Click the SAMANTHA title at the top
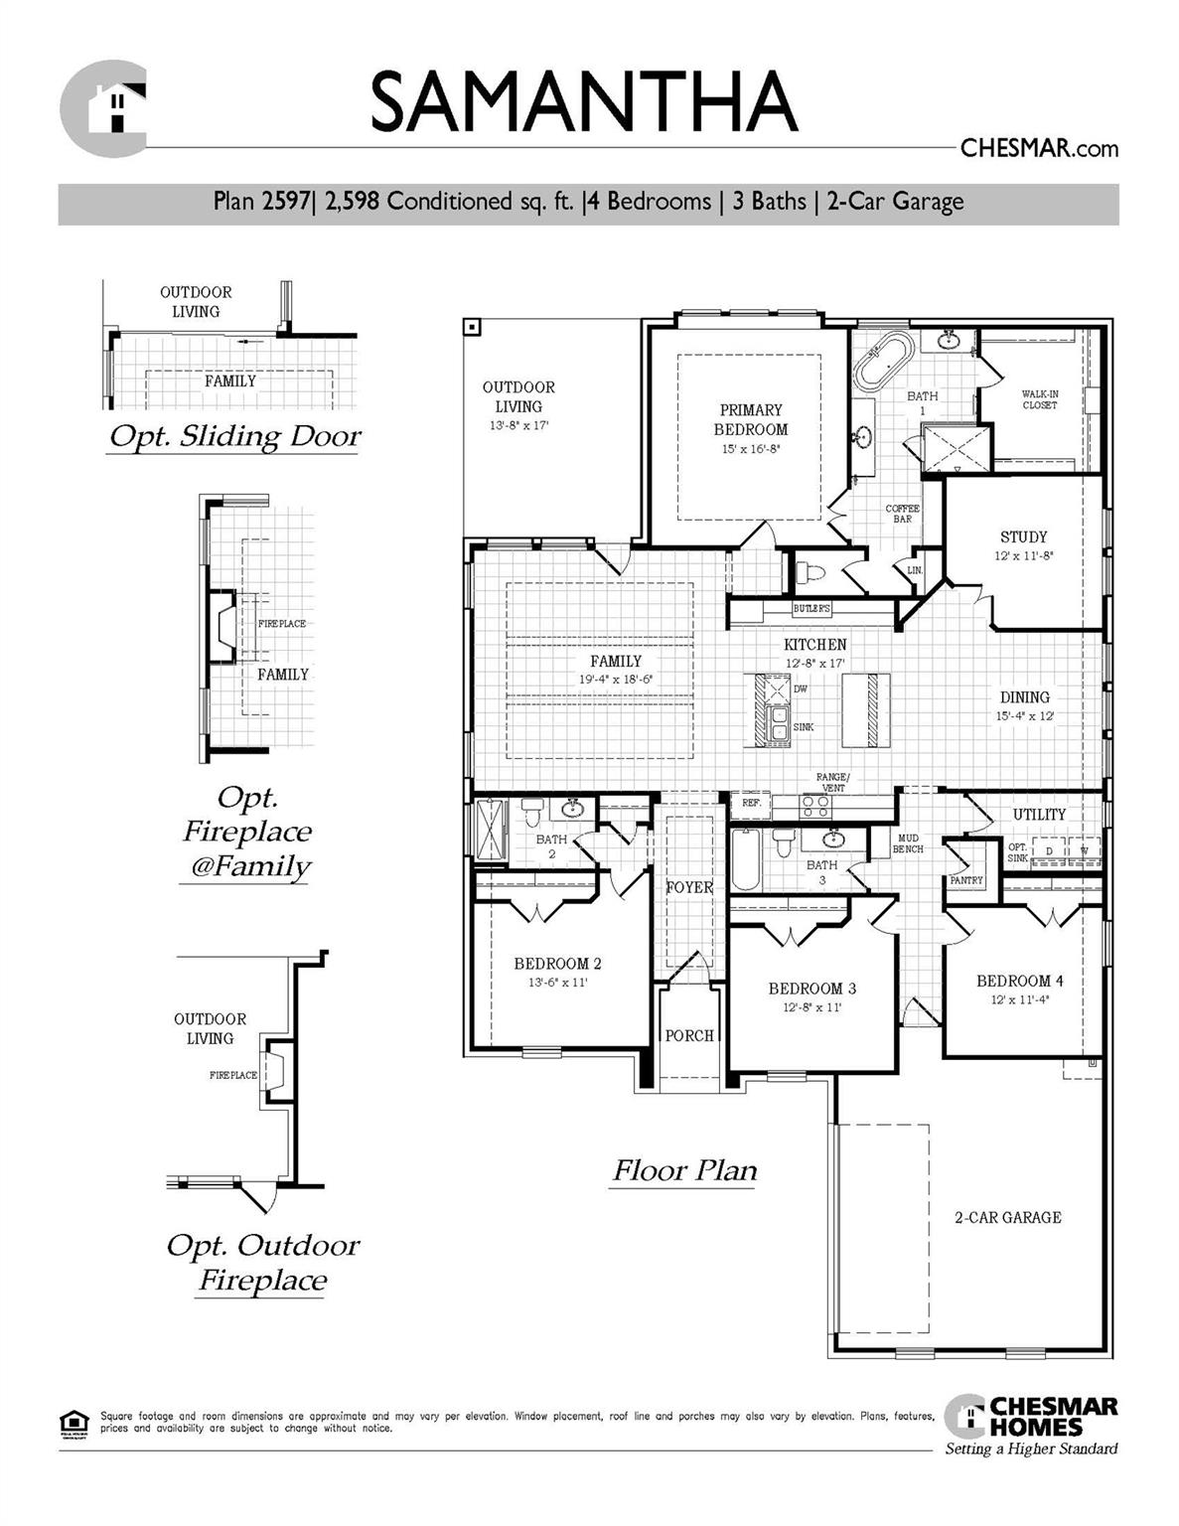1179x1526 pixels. pyautogui.click(x=584, y=101)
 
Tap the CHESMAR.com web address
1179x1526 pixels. pyautogui.click(x=1038, y=149)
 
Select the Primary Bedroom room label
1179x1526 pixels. pyautogui.click(x=751, y=419)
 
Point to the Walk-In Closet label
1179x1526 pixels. pyautogui.click(x=1040, y=399)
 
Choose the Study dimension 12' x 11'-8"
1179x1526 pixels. pyautogui.click(x=1023, y=556)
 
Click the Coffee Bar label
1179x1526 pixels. pyautogui.click(x=902, y=514)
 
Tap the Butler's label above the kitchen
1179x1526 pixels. pyautogui.click(x=811, y=609)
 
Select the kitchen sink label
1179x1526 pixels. pyautogui.click(x=804, y=727)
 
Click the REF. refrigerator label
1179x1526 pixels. pyautogui.click(x=751, y=803)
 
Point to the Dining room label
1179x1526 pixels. pyautogui.click(x=1024, y=697)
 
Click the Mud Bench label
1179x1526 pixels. pyautogui.click(x=907, y=843)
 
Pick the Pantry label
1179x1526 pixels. pyautogui.click(x=965, y=880)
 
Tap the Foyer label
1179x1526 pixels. pyautogui.click(x=689, y=887)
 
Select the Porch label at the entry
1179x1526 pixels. pyautogui.click(x=689, y=1035)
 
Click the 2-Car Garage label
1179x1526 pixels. pyautogui.click(x=1007, y=1217)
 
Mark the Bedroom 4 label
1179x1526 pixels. pyautogui.click(x=1019, y=981)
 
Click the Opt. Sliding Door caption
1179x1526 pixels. pyautogui.click(x=234, y=437)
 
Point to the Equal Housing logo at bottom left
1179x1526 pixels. pyautogui.click(x=74, y=1422)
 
